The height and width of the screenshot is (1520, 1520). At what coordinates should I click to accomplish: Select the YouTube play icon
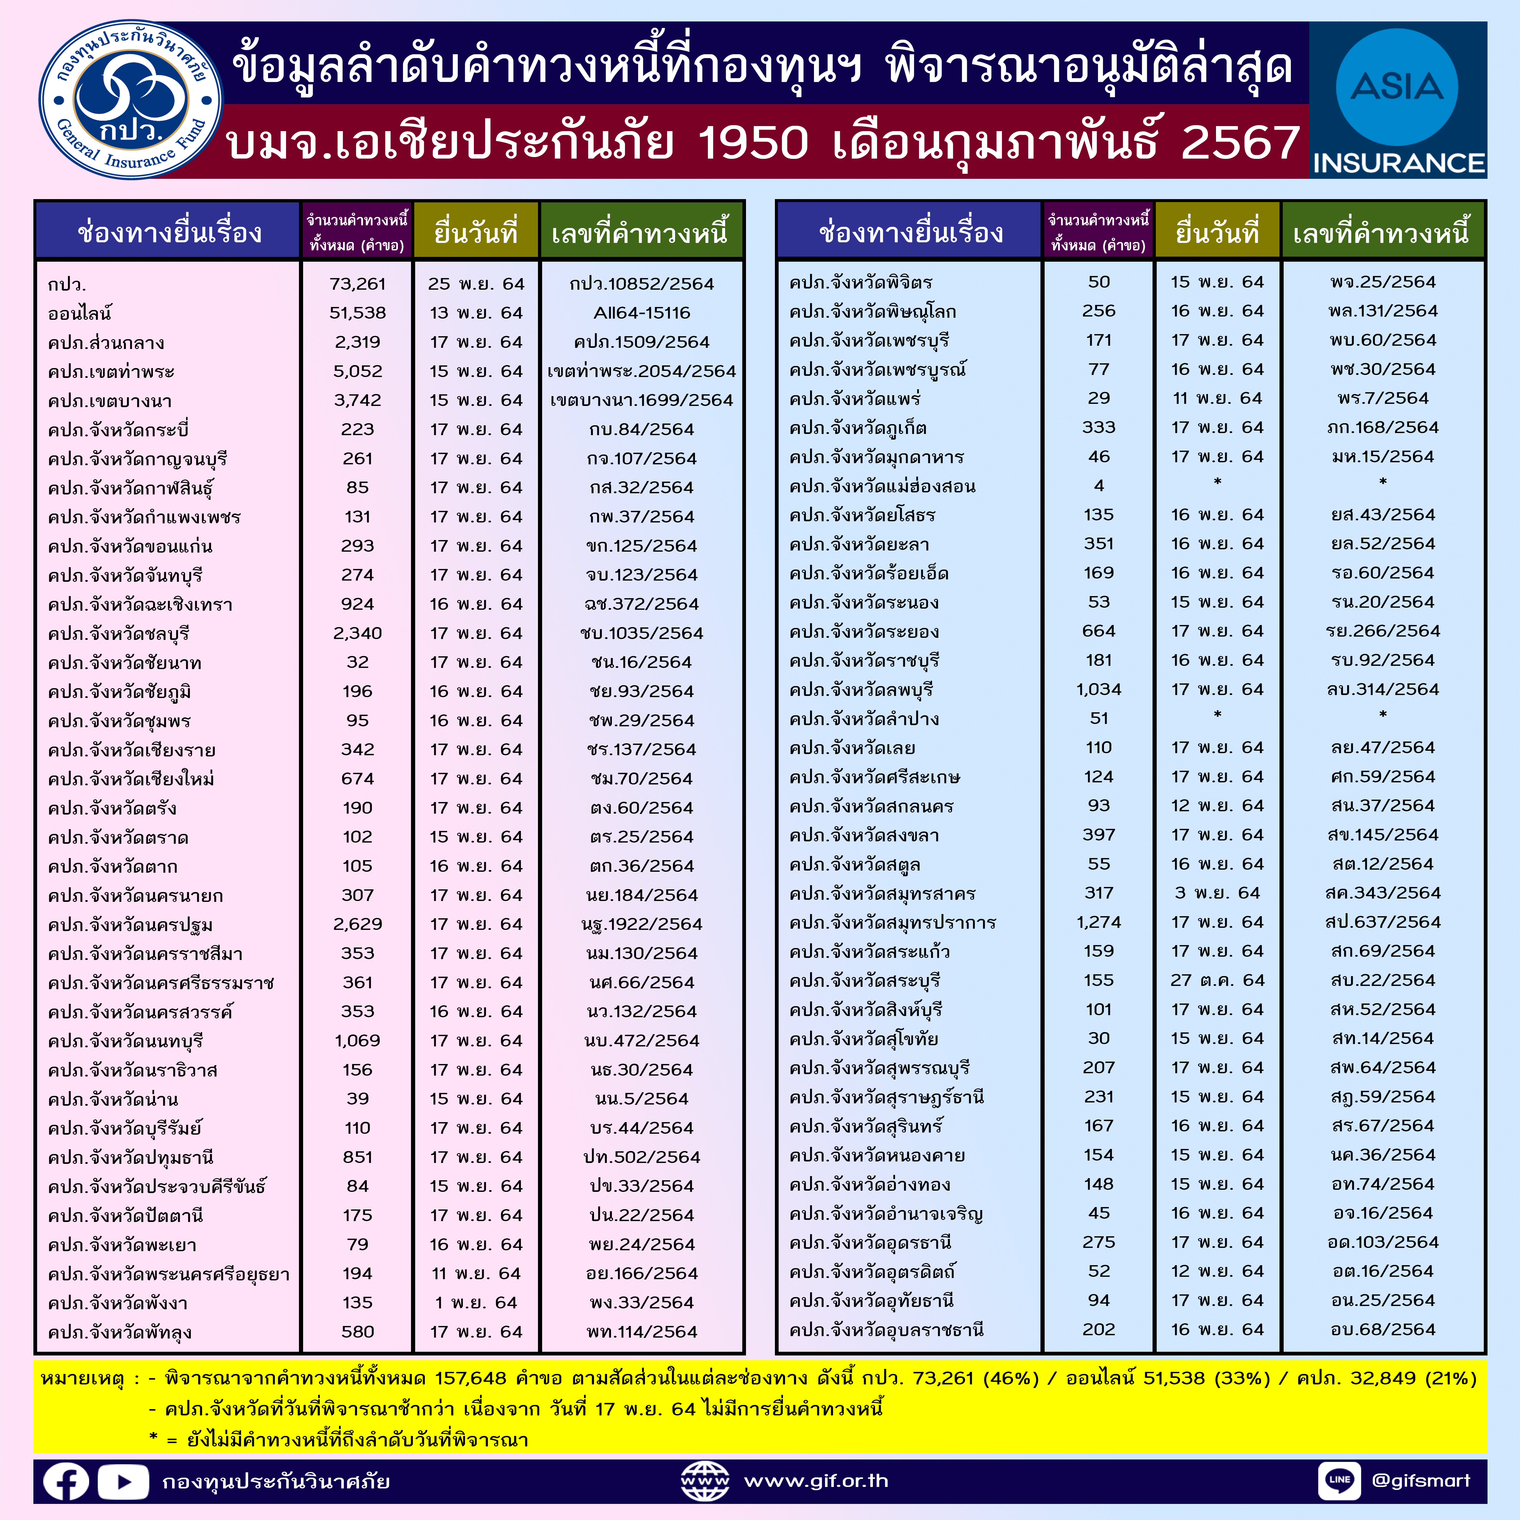coord(123,1482)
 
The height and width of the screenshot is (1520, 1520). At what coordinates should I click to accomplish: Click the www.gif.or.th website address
coord(816,1481)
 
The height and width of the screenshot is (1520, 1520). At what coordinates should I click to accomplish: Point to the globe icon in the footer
coord(705,1481)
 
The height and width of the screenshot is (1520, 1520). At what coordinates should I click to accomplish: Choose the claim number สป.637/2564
coord(1382,922)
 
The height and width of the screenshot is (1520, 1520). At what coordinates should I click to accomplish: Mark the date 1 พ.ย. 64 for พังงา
coord(476,1303)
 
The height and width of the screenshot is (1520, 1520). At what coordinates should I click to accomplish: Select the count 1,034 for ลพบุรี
coord(1098,689)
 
